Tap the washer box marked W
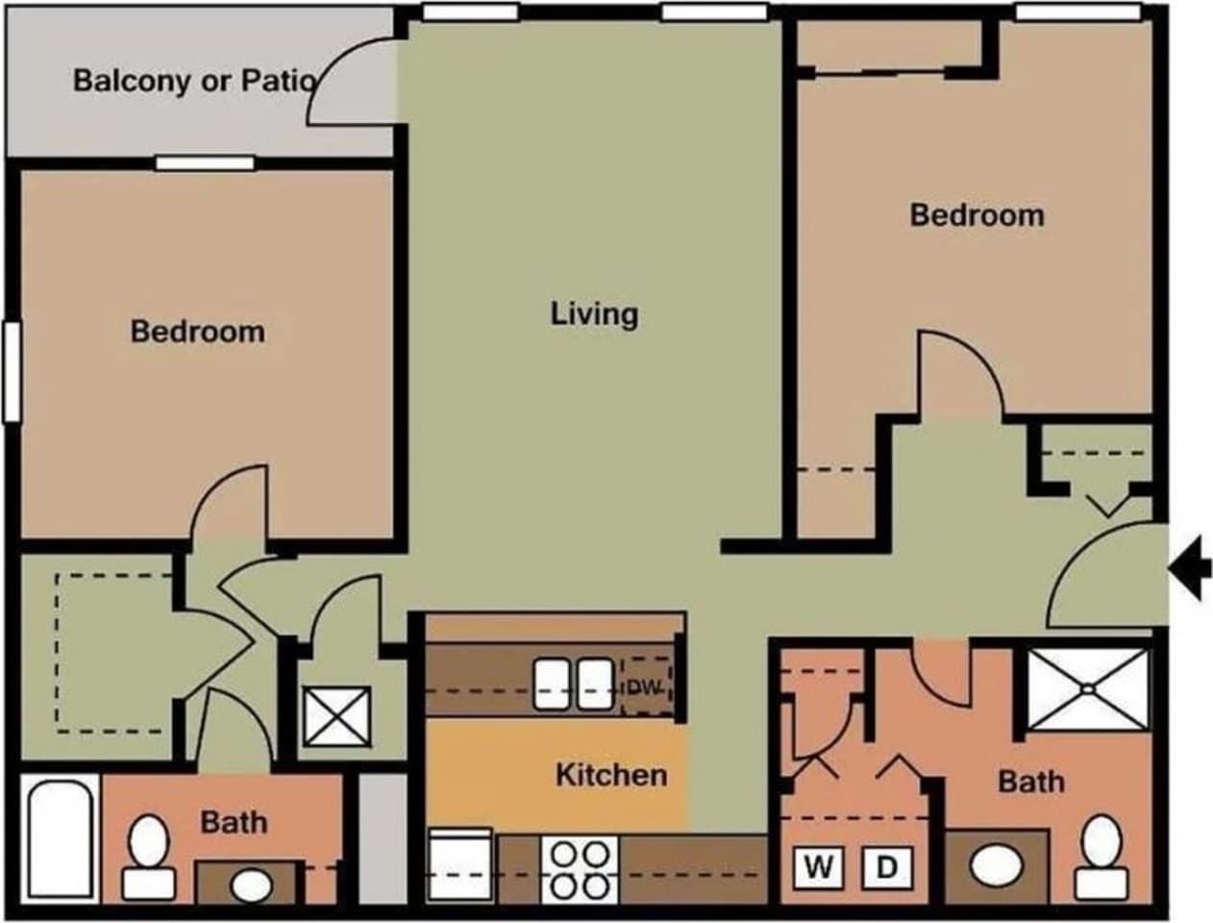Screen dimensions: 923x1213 pos(818,868)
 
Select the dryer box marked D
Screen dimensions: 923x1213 pos(886,868)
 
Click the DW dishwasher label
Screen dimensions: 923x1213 pos(644,686)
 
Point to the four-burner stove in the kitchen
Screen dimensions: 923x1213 pos(580,868)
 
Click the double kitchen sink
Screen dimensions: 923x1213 pos(575,684)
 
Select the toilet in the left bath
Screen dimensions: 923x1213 pos(148,856)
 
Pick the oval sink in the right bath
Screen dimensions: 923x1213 pos(995,867)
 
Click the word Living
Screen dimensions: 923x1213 pos(594,314)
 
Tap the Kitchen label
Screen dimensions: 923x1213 pos(610,774)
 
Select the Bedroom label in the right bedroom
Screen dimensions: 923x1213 pos(977,213)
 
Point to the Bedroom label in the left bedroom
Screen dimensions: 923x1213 pos(197,332)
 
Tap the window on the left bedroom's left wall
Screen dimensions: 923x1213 pos(12,371)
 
